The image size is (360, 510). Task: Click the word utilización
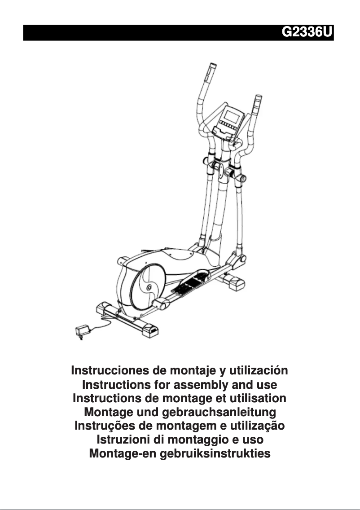click(258, 371)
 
